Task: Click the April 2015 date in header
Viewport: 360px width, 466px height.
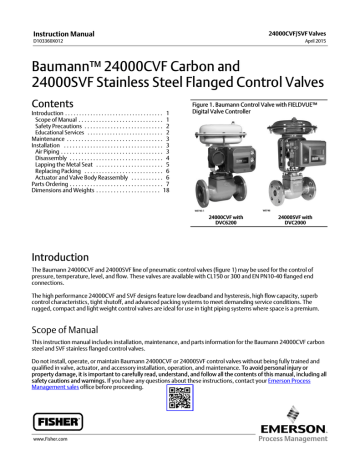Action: click(x=333, y=17)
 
